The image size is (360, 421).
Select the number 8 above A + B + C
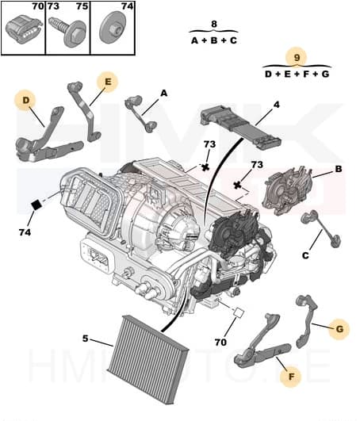(213, 25)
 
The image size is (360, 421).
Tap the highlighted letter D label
(26, 100)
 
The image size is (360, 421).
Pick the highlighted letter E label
(105, 80)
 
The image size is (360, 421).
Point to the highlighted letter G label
(339, 327)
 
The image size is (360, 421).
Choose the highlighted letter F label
(290, 377)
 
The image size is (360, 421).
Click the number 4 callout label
(276, 104)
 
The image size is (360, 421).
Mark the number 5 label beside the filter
(85, 339)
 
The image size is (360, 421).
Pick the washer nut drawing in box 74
(112, 32)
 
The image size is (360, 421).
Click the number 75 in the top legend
(81, 6)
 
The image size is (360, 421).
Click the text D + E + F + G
(297, 74)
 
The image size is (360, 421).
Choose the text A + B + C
(213, 40)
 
